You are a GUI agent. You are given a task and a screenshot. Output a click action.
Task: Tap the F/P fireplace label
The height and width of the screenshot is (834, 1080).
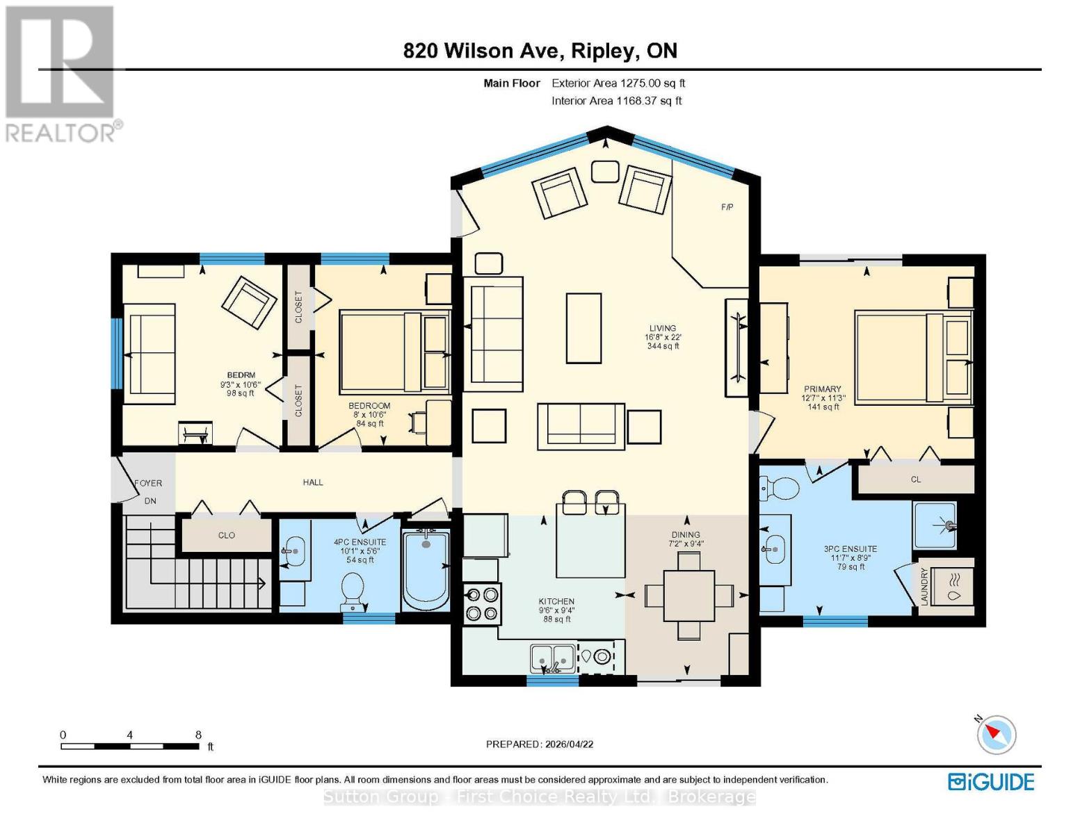point(727,207)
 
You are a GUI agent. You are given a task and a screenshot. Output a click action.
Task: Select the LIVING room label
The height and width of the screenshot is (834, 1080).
point(662,328)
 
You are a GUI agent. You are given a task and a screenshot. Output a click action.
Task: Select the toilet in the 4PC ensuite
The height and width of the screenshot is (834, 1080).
point(353,588)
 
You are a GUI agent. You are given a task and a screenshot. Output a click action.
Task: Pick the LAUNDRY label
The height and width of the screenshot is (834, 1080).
point(924,586)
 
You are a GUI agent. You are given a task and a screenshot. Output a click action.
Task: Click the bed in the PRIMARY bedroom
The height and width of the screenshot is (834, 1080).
point(911,357)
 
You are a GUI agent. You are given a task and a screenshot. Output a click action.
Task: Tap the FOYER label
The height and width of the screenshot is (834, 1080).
point(148,483)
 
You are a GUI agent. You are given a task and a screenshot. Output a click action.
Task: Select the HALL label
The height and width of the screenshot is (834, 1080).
point(313,482)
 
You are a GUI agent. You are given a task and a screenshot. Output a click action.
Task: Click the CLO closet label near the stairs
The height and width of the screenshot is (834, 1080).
point(227,535)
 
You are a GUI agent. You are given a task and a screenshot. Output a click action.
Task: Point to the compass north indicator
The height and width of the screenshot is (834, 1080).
point(997,734)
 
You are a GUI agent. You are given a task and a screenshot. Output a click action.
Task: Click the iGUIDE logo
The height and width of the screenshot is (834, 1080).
point(991,782)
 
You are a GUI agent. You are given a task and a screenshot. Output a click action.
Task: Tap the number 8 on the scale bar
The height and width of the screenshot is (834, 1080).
point(198,735)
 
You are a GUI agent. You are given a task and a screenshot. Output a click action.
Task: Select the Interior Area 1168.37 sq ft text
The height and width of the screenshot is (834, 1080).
point(616,101)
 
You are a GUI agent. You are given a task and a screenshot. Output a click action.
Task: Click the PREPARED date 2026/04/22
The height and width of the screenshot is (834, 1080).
point(540,744)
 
